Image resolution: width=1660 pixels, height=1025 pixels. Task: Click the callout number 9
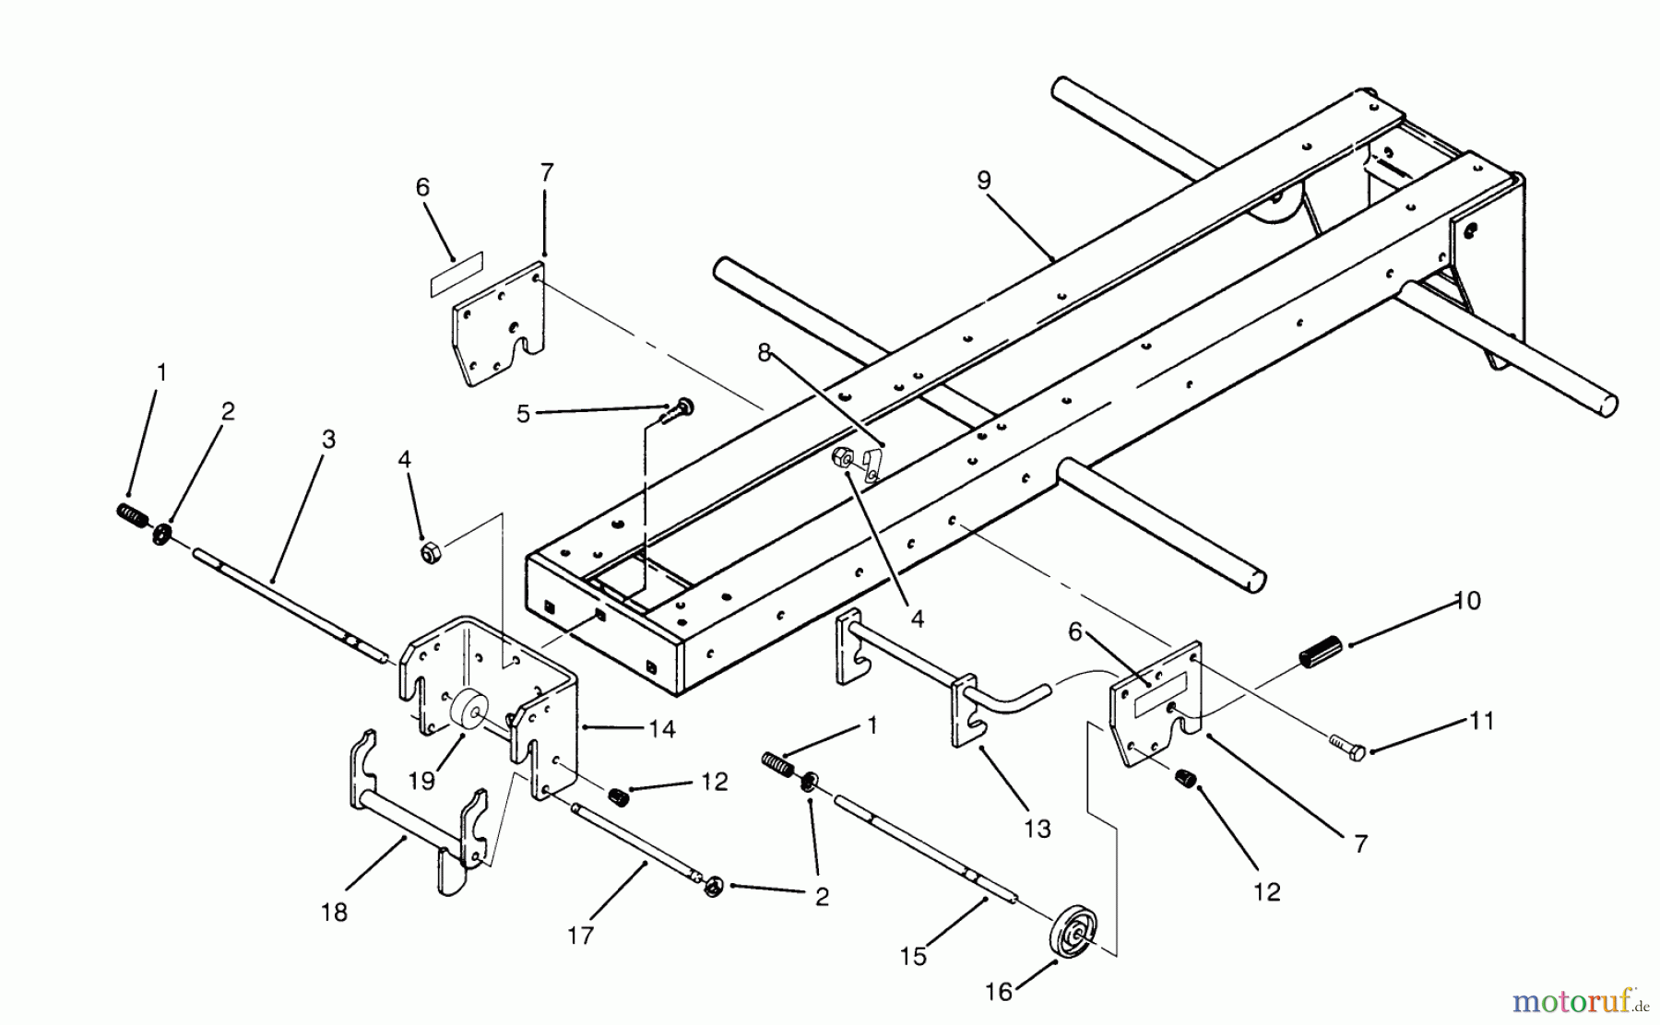(983, 181)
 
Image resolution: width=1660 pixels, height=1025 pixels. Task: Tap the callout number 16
(999, 992)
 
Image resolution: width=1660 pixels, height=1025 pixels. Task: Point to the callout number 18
(334, 913)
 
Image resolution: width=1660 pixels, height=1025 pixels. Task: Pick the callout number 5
(523, 414)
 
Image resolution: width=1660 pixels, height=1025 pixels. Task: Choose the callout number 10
(1467, 601)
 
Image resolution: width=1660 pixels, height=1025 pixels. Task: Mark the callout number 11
(1481, 721)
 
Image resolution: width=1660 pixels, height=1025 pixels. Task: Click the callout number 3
(327, 439)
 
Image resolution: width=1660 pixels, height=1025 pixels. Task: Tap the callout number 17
(580, 935)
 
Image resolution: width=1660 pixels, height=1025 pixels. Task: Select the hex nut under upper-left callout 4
(431, 553)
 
